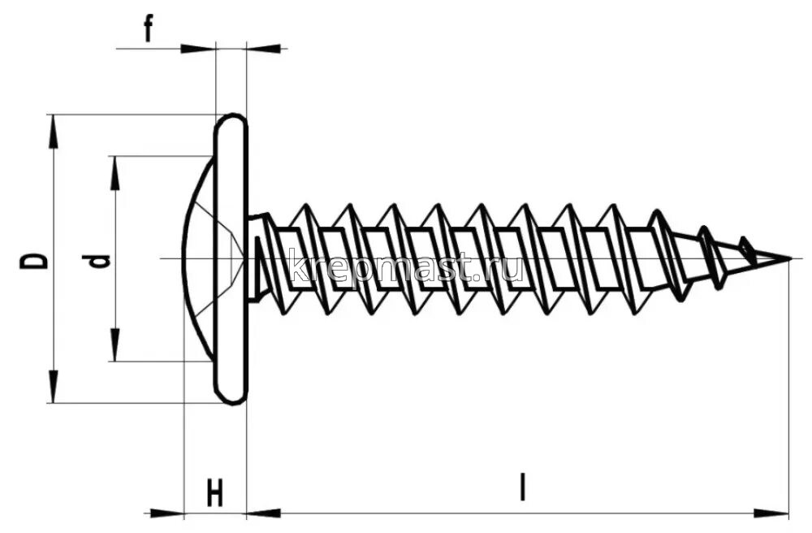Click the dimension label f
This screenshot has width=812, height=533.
(149, 30)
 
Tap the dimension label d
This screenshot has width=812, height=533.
(98, 260)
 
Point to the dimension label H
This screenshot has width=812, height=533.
(214, 493)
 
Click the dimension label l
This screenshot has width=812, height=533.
(524, 487)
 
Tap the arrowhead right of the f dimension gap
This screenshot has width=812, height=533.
(264, 49)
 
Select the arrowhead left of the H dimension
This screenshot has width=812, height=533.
(166, 513)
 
